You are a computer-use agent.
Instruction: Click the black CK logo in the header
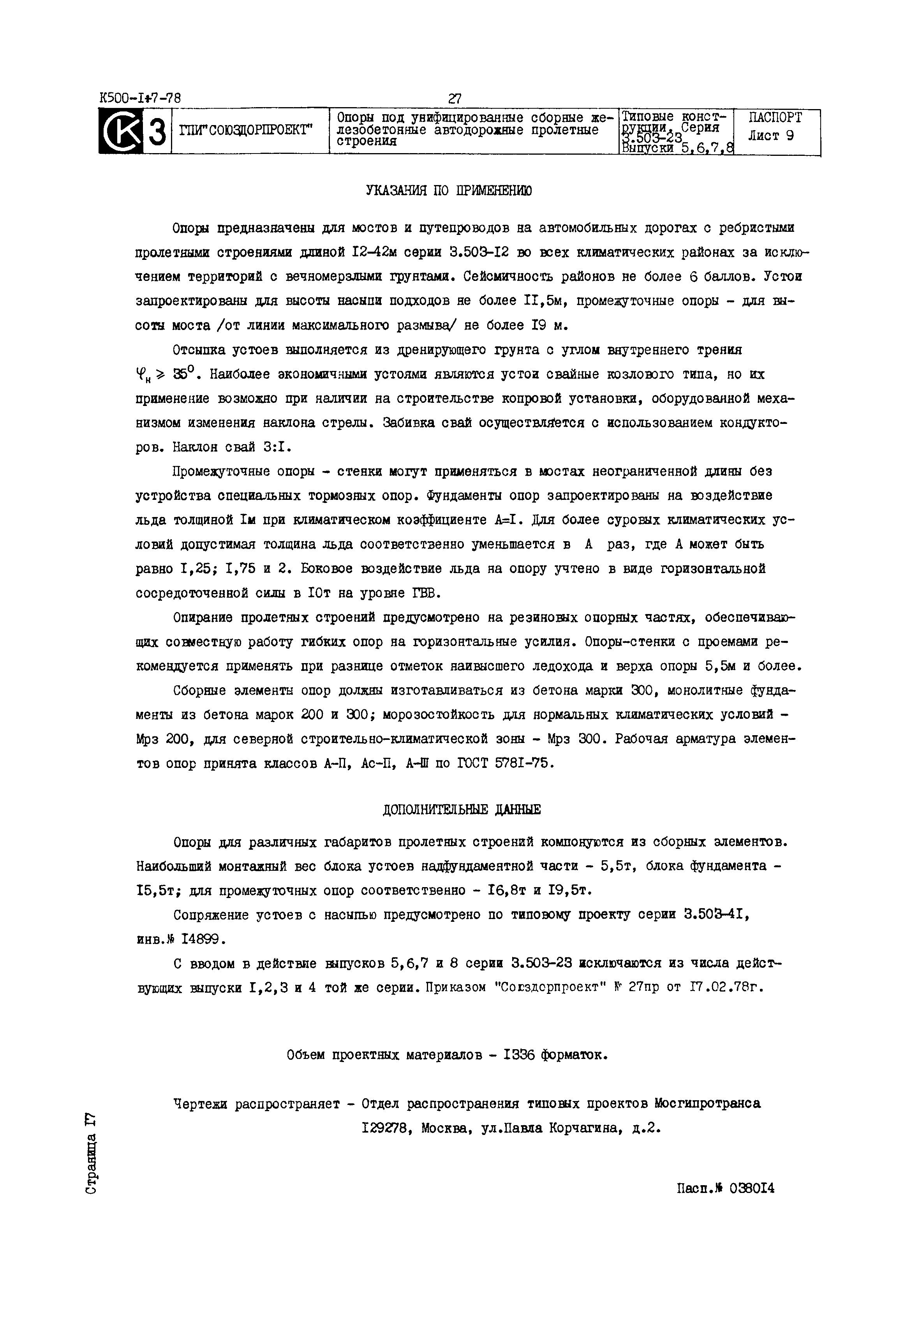pos(120,131)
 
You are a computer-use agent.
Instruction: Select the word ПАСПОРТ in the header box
pos(775,118)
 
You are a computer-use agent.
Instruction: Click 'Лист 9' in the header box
pos(771,137)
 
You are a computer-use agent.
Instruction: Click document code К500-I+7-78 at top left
pos(140,98)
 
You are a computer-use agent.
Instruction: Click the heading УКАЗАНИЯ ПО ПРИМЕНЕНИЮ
pos(449,191)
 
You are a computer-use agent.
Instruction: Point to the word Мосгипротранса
pos(707,1103)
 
